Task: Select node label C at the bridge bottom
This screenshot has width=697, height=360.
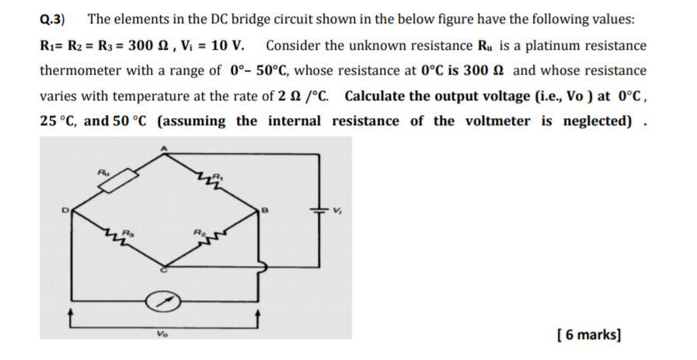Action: [164, 270]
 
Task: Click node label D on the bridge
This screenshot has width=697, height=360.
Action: [65, 209]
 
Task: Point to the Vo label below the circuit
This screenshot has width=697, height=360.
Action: [162, 334]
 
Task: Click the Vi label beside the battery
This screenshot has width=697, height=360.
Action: [336, 210]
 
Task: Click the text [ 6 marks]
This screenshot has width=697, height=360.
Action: [589, 334]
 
